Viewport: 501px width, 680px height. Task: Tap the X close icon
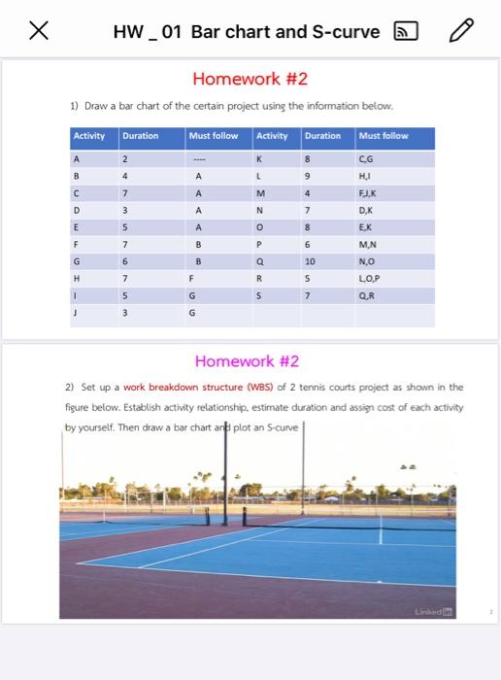(x=39, y=31)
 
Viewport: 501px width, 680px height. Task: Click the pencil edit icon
(x=461, y=31)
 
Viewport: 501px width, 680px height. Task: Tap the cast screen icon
(x=404, y=32)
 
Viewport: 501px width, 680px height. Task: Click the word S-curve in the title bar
(x=345, y=32)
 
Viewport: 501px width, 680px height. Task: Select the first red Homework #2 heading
(x=250, y=79)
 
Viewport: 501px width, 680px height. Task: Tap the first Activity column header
(x=89, y=136)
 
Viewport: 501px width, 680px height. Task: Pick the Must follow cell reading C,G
(x=366, y=158)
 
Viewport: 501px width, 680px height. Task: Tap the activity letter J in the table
(x=77, y=313)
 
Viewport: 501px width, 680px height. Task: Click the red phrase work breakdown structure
(x=172, y=387)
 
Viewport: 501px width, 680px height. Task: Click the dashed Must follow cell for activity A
(x=197, y=158)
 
